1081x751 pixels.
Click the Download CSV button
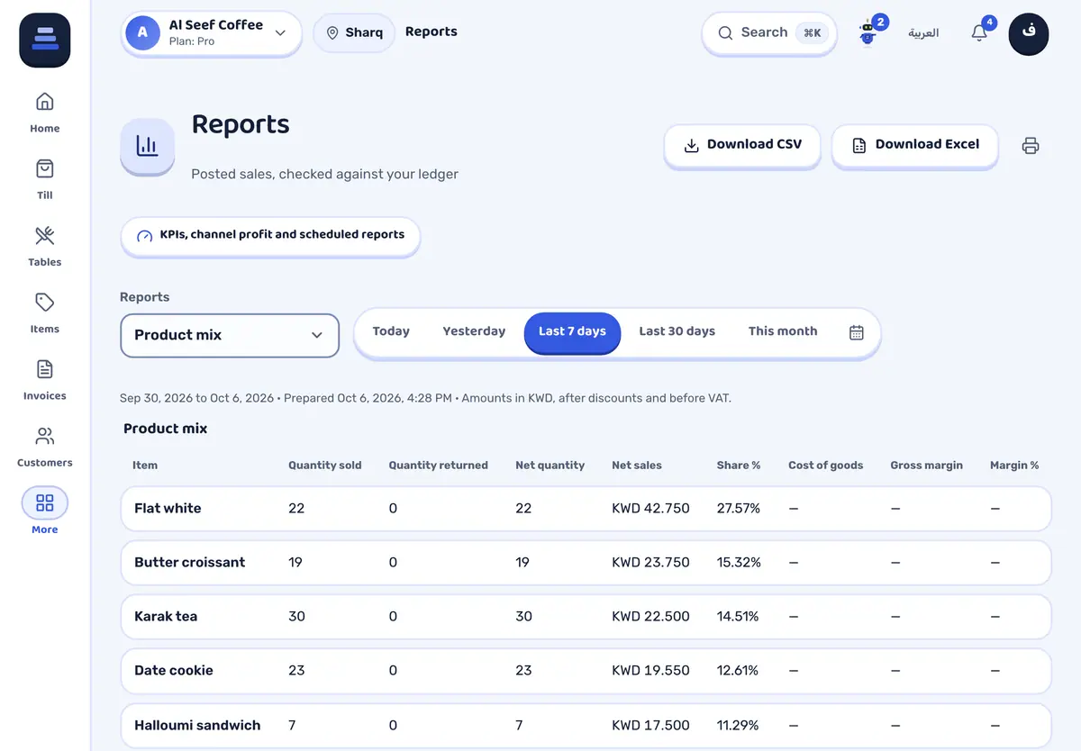742,145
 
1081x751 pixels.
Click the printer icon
1031,145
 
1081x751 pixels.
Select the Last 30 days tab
677,331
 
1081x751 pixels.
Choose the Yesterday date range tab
474,331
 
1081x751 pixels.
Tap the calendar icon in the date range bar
856,332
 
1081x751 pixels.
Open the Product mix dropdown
230,335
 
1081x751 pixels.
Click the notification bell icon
979,32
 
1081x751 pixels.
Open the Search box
769,32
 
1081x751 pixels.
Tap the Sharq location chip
354,32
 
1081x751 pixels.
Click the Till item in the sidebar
45,179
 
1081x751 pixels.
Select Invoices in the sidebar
45,380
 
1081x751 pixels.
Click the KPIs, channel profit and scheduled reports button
270,235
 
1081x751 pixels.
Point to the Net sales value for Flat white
650,509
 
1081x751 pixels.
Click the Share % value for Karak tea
738,617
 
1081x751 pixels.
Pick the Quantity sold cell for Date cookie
296,671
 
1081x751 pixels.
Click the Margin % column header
1014,466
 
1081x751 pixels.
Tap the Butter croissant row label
190,563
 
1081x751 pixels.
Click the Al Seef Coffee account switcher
212,32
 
